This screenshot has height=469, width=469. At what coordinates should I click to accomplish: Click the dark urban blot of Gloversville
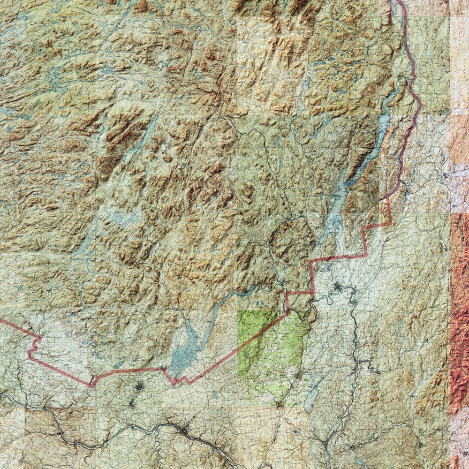click(139, 387)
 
